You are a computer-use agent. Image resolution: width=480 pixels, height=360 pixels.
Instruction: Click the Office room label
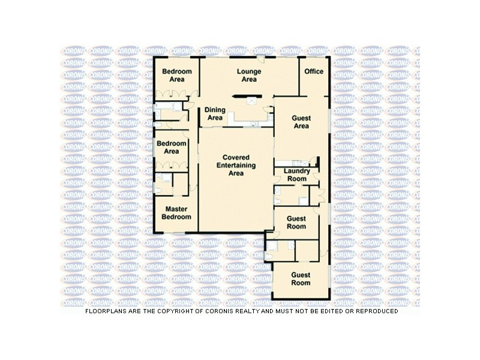pyautogui.click(x=314, y=71)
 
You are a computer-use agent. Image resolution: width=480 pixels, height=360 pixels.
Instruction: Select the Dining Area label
pyautogui.click(x=215, y=114)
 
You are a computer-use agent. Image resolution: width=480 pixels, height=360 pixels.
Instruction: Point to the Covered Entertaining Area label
pyautogui.click(x=236, y=166)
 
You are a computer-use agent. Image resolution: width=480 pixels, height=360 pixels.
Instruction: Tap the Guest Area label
pyautogui.click(x=301, y=122)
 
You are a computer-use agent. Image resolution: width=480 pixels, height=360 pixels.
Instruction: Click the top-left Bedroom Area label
pyautogui.click(x=176, y=75)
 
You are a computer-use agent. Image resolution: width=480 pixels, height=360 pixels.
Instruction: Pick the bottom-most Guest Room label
pyautogui.click(x=301, y=278)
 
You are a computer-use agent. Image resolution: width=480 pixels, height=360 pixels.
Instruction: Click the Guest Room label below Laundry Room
pyautogui.click(x=296, y=223)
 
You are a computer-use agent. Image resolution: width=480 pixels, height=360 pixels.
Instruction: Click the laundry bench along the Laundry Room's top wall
pyautogui.click(x=294, y=163)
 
